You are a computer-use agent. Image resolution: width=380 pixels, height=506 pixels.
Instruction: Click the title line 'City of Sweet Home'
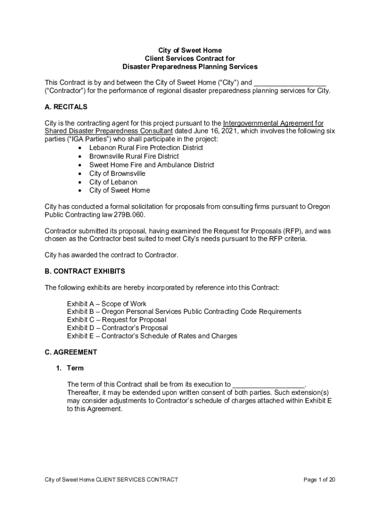pyautogui.click(x=190, y=50)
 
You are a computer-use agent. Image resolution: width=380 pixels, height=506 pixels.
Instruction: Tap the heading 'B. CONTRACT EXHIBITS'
pyautogui.click(x=85, y=271)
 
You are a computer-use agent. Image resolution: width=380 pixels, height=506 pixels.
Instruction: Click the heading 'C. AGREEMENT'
pyautogui.click(x=71, y=352)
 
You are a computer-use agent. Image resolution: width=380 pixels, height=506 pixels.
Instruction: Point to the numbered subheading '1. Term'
pyautogui.click(x=71, y=368)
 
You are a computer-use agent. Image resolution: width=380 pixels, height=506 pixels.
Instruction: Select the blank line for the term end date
pyautogui.click(x=268, y=385)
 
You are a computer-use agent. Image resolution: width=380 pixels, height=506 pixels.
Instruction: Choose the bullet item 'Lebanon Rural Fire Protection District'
pyautogui.click(x=146, y=148)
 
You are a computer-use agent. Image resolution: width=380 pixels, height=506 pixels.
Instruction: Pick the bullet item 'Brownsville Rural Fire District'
pyautogui.click(x=134, y=156)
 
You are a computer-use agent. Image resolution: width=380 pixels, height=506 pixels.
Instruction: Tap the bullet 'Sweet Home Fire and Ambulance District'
pyautogui.click(x=152, y=165)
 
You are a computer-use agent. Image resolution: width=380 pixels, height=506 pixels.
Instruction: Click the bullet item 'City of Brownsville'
pyautogui.click(x=117, y=173)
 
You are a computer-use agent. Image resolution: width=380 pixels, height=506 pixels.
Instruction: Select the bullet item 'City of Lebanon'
pyautogui.click(x=113, y=182)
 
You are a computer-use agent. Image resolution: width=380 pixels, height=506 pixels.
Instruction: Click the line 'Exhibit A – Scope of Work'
pyautogui.click(x=107, y=304)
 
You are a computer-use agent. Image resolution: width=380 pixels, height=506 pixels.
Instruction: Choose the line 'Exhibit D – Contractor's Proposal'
pyautogui.click(x=117, y=328)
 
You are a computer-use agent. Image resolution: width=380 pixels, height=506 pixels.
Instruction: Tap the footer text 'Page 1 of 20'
pyautogui.click(x=319, y=480)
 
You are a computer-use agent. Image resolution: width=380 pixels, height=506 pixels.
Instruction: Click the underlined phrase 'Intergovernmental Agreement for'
pyautogui.click(x=273, y=123)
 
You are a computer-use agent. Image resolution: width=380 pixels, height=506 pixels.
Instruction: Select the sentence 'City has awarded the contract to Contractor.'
pyautogui.click(x=111, y=255)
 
